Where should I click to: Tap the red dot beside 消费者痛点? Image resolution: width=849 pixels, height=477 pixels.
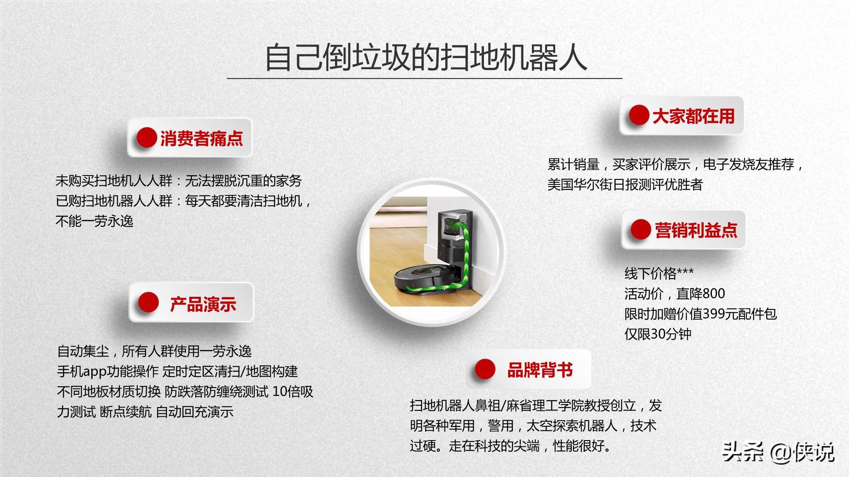click(146, 138)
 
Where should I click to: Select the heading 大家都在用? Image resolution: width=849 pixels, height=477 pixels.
click(693, 116)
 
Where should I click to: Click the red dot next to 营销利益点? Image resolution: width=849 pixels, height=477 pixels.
click(641, 229)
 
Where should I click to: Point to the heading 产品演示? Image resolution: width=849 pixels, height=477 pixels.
click(203, 304)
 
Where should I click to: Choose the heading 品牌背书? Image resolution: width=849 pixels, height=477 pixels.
click(540, 370)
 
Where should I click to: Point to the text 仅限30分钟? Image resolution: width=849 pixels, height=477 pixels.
click(658, 334)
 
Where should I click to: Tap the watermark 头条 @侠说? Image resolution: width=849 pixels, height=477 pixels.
click(778, 452)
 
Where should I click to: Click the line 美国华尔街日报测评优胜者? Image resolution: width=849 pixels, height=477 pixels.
click(625, 184)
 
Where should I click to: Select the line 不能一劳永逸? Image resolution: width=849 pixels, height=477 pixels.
click(94, 221)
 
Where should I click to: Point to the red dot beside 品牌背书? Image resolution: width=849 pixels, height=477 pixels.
click(485, 369)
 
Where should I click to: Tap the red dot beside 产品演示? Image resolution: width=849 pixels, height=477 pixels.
click(148, 303)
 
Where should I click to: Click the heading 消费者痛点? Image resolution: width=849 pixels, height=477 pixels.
click(201, 138)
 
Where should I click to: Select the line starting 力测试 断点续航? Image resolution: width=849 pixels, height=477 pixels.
click(145, 411)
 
